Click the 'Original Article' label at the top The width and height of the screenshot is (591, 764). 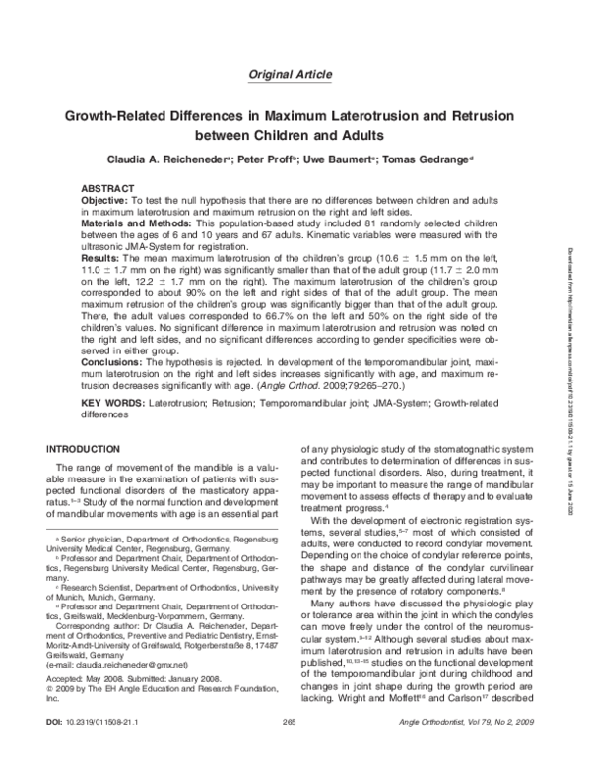coord(295,75)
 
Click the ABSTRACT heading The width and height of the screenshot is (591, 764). coord(107,188)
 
